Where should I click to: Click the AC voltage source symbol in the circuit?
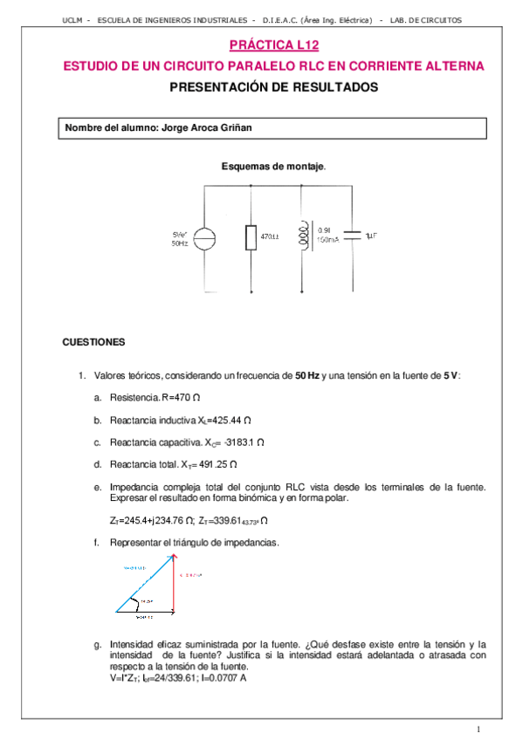point(203,237)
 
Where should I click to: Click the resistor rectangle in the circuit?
point(251,236)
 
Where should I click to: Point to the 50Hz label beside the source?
point(180,243)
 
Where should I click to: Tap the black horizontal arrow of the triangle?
point(145,613)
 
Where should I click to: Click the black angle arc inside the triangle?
point(133,602)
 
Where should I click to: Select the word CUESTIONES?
point(94,342)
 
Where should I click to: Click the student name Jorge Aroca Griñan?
point(207,128)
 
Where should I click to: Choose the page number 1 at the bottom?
point(478,729)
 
